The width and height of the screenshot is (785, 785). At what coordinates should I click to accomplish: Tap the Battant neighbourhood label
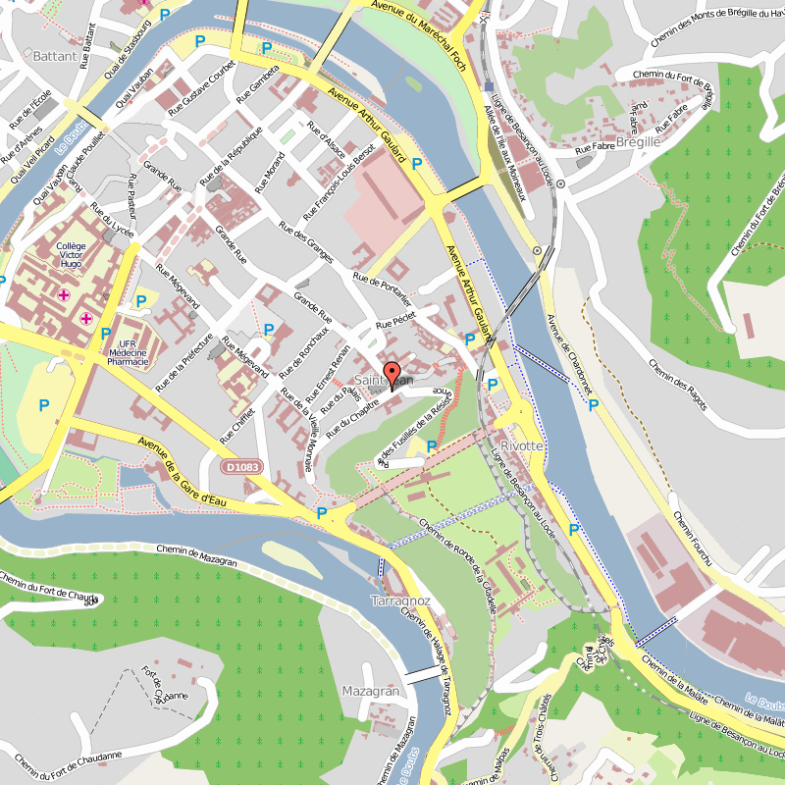[54, 56]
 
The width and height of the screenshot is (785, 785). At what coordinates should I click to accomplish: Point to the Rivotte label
[521, 445]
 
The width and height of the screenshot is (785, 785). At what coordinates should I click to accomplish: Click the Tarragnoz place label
[401, 600]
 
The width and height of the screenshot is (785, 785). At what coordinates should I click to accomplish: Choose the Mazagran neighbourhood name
[371, 691]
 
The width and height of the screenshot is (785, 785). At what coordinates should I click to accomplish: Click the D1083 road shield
[241, 467]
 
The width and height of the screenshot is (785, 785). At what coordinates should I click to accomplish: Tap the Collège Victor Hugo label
[71, 256]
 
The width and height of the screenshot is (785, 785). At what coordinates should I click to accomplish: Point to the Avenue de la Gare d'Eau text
[197, 472]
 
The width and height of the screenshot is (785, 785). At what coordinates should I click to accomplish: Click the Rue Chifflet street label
[241, 417]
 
